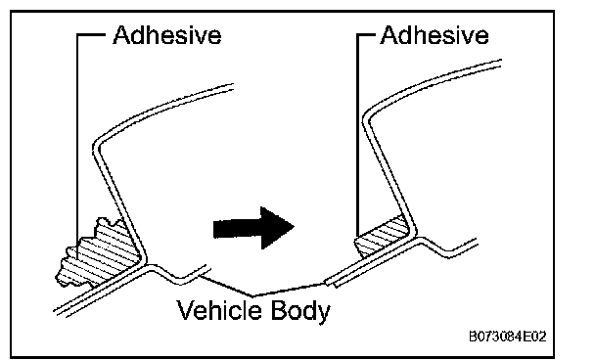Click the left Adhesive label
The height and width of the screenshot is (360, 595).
pos(167,35)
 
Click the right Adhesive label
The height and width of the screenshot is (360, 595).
pos(435,35)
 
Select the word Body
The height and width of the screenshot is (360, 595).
pos(300,311)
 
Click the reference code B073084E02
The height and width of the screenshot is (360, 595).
pos(508,337)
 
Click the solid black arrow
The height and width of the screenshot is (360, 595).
pos(253,228)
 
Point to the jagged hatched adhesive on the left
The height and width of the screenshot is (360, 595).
pos(100,253)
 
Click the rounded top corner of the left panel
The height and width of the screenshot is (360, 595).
pos(96,145)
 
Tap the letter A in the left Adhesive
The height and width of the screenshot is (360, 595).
pos(122,35)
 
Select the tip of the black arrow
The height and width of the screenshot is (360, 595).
pos(295,228)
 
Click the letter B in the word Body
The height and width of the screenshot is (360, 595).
pos(279,309)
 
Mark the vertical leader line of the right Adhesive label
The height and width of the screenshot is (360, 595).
pos(357,135)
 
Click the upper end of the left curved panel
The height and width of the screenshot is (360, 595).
pos(233,87)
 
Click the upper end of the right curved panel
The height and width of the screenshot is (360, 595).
pos(501,64)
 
